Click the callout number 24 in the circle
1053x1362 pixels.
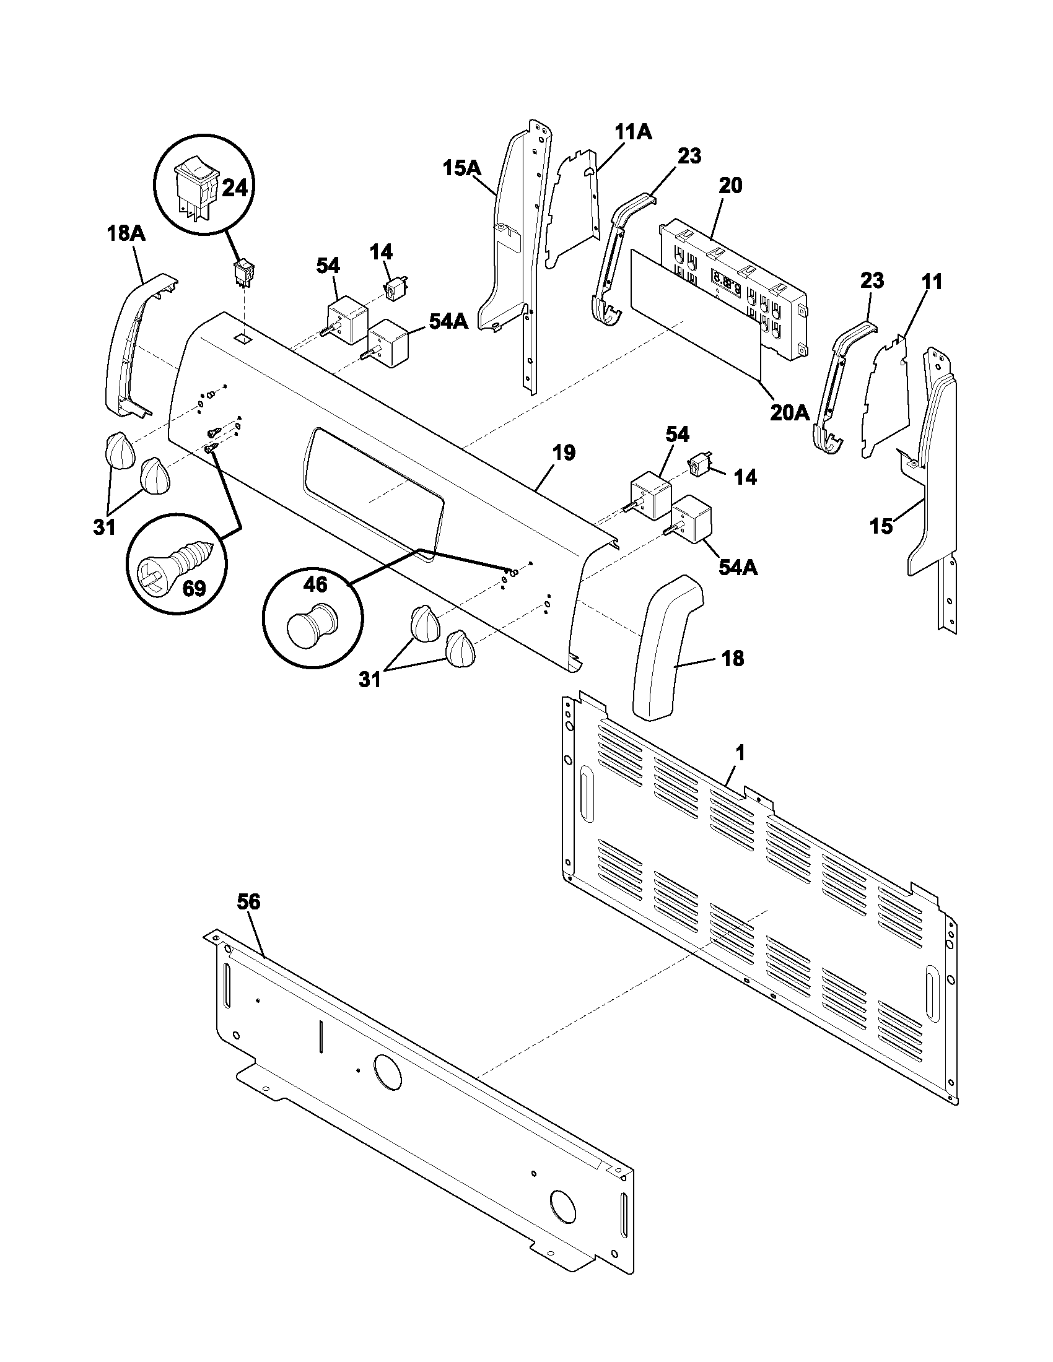(x=235, y=186)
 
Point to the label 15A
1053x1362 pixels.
(x=461, y=168)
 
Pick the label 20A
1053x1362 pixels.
(x=789, y=412)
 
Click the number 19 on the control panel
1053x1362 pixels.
(x=563, y=453)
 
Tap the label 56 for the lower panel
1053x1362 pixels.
(x=249, y=902)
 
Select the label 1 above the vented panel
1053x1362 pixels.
(x=740, y=753)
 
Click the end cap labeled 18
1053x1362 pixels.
(x=662, y=649)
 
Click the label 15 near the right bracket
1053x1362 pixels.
(x=881, y=526)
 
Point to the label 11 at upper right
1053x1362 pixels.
(x=933, y=282)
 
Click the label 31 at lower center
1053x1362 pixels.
(x=370, y=679)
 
